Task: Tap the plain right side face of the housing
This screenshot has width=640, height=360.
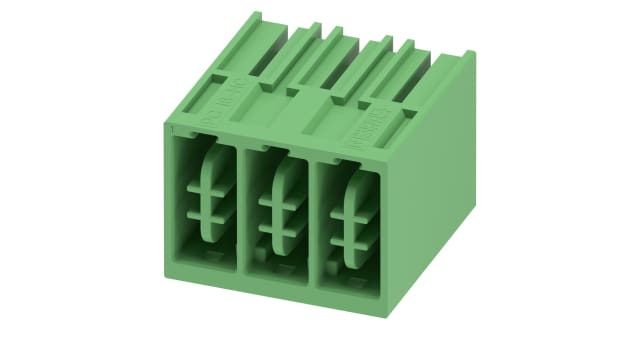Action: click(440, 180)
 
